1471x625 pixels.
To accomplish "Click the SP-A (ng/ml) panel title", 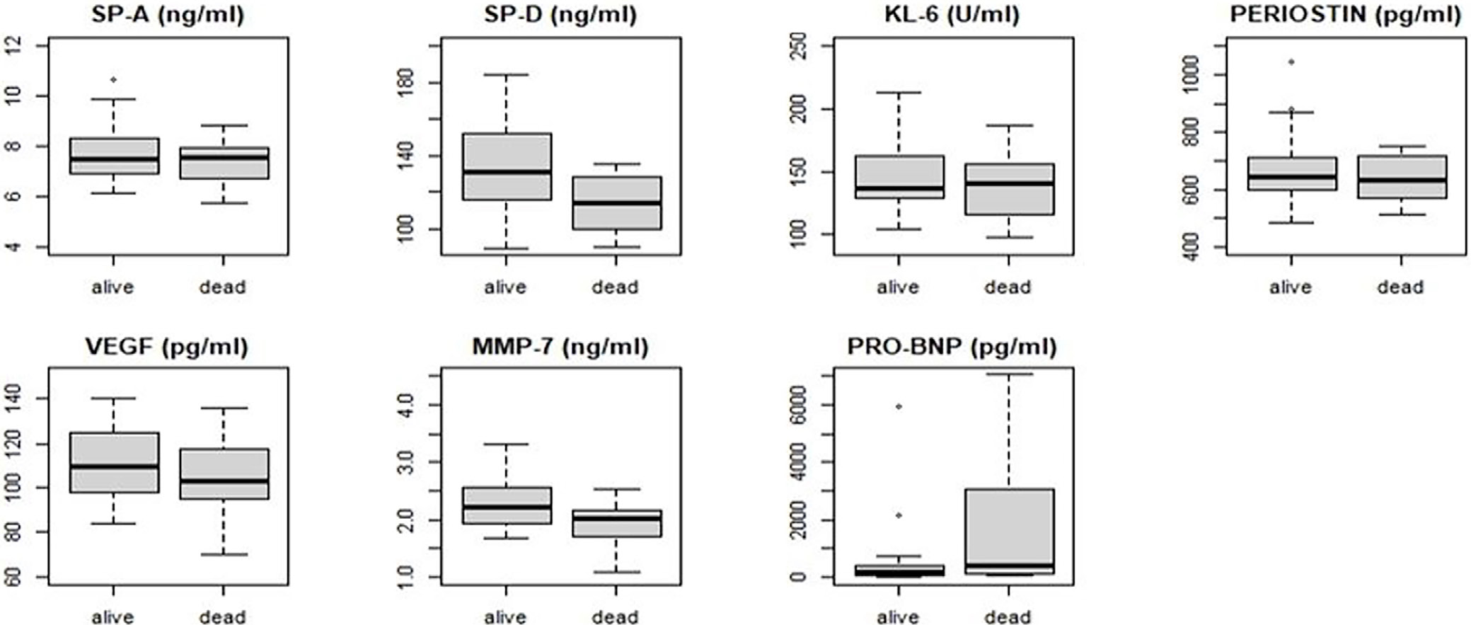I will (168, 16).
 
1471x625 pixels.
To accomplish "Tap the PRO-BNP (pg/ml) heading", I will (952, 347).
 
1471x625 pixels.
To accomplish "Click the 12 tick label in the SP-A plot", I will (16, 46).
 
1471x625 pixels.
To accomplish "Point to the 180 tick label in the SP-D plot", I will (408, 83).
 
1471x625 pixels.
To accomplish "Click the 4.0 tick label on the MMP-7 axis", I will (408, 405).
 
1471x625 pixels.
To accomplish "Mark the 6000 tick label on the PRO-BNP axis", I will (802, 405).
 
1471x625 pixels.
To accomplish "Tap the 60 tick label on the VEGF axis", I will (16, 577).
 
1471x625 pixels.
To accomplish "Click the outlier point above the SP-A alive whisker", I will (113, 79).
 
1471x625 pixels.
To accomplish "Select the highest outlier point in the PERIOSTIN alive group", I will (1291, 62).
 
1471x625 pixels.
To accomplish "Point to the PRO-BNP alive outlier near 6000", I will (899, 406).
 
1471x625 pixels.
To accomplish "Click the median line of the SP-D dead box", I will (616, 203).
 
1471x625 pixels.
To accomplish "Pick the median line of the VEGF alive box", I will (114, 466).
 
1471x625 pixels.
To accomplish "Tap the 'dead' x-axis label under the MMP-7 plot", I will (615, 617).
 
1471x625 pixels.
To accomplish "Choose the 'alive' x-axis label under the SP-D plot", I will (505, 287).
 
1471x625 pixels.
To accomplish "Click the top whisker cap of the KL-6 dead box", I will (1009, 125).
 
